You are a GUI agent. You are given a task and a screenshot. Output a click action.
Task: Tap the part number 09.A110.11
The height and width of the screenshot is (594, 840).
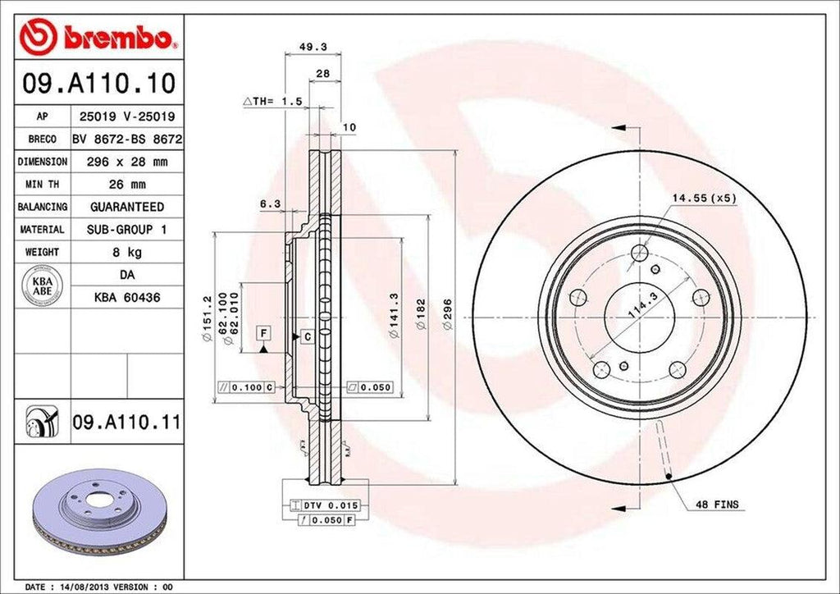[126, 423]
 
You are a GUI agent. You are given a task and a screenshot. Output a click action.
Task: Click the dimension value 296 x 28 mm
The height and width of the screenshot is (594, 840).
[126, 162]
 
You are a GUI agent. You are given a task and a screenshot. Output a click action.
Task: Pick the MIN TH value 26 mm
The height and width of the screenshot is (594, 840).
[126, 185]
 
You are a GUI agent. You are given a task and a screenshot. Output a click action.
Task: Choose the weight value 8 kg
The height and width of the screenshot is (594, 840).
[126, 252]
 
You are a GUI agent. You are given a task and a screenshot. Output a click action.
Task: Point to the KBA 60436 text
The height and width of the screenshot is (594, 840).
[126, 297]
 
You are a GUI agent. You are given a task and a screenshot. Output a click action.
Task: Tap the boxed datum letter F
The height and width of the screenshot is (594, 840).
[263, 332]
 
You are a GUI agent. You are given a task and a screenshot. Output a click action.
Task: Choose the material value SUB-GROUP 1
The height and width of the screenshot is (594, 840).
[126, 230]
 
